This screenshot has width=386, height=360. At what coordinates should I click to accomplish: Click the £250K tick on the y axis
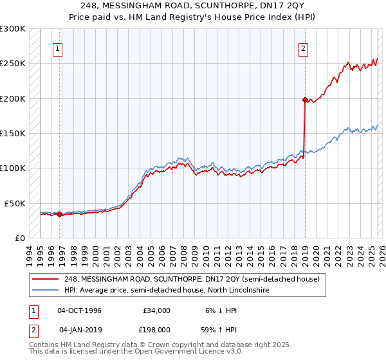[13, 64]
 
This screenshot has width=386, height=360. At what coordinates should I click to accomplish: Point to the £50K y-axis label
[15, 203]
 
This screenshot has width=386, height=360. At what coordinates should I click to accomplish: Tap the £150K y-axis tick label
[13, 133]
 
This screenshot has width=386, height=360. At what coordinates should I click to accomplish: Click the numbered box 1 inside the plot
[58, 48]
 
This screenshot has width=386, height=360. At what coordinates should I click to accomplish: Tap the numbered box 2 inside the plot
[303, 48]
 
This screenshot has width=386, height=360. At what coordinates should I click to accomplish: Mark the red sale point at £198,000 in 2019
[305, 100]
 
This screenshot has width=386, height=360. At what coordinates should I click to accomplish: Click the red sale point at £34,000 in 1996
[59, 214]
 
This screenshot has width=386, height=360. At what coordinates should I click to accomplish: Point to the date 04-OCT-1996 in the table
[79, 310]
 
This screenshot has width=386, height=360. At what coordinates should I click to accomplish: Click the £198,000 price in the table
[156, 330]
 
